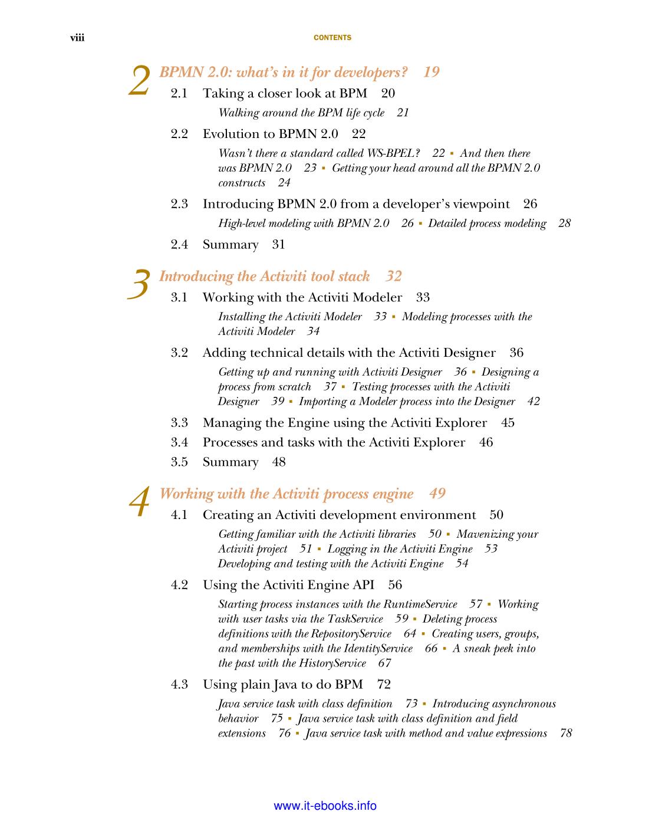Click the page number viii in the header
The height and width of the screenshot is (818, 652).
[77, 38]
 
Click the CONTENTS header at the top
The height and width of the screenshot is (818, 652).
[332, 38]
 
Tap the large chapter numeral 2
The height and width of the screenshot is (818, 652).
[140, 81]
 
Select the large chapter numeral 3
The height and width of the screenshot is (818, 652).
[139, 285]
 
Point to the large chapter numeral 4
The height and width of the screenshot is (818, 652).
[140, 503]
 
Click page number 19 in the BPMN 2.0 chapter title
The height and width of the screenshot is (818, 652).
[432, 72]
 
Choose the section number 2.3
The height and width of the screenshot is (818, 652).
[179, 204]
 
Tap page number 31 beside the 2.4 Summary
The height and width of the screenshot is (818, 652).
[279, 245]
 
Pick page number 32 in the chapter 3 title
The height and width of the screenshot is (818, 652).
[394, 276]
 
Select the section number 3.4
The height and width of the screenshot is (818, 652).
[179, 442]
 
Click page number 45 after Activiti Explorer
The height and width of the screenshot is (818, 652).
[508, 423]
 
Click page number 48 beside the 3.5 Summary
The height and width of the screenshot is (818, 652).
[279, 462]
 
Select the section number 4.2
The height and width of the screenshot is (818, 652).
[179, 585]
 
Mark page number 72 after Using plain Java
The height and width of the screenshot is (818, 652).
[384, 685]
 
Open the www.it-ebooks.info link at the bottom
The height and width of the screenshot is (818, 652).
[325, 806]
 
